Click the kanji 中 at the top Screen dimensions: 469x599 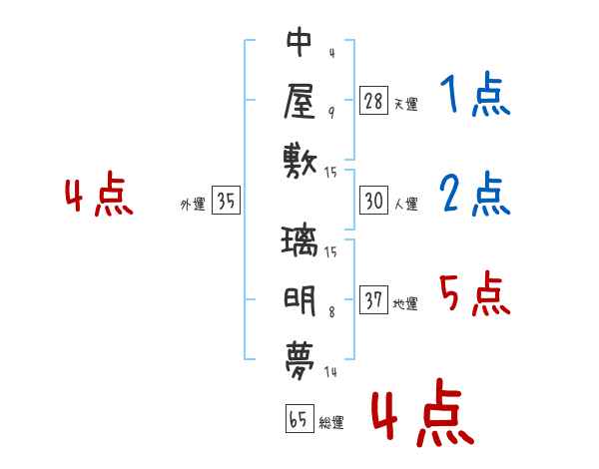[299, 43]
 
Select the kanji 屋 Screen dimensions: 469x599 [299, 101]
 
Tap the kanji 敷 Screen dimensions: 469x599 [299, 159]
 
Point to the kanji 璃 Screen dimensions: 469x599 [299, 242]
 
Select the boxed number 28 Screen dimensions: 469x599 [374, 101]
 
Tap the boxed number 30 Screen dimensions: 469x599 [374, 202]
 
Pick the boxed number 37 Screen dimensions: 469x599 [374, 301]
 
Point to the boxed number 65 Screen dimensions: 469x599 [299, 420]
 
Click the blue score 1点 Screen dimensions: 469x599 [475, 98]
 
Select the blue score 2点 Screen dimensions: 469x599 [475, 195]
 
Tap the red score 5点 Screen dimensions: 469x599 [475, 294]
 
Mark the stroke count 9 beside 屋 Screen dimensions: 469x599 [330, 112]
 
